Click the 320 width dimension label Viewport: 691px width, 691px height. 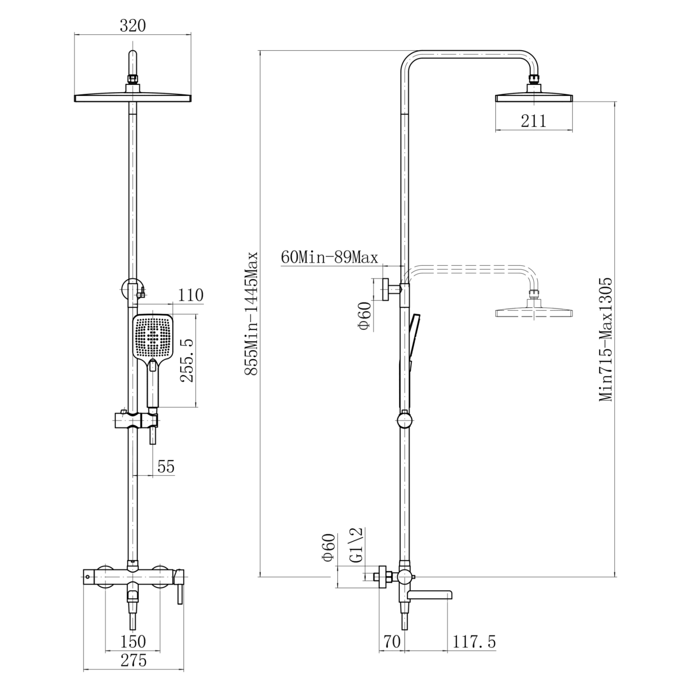pyautogui.click(x=133, y=26)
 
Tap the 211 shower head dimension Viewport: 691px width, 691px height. pyautogui.click(x=533, y=121)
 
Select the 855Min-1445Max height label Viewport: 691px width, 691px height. pyautogui.click(x=252, y=314)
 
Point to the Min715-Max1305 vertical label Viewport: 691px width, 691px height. pyautogui.click(x=606, y=339)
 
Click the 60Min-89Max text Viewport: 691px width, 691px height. pyautogui.click(x=329, y=257)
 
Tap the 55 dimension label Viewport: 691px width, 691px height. pyautogui.click(x=166, y=467)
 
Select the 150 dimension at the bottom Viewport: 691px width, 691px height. pyautogui.click(x=133, y=641)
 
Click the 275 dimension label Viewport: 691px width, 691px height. pyautogui.click(x=133, y=661)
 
